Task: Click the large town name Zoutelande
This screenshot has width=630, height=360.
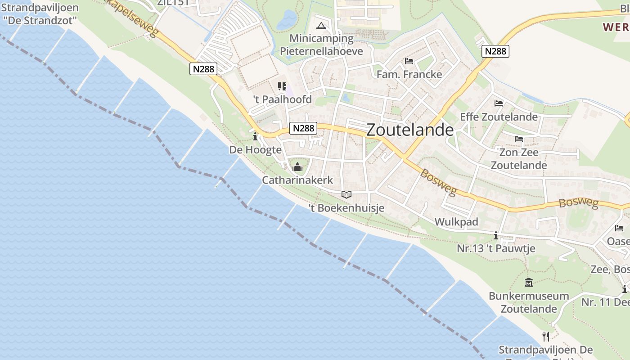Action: coord(410,130)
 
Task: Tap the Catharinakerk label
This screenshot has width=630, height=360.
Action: coord(297,180)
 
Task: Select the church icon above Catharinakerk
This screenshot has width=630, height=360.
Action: coord(297,167)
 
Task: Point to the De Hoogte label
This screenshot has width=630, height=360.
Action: coord(255,150)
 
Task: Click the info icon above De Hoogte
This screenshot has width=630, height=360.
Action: coord(255,136)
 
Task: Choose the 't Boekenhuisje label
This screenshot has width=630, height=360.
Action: coord(346,208)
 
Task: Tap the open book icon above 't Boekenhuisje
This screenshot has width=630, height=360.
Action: coord(346,194)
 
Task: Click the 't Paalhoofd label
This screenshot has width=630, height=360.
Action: coord(282,99)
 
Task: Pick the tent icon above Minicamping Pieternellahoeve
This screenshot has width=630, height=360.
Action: coord(321,26)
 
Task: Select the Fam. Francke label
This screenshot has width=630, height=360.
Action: coord(409,74)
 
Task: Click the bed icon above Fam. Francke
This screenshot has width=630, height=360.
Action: coord(409,61)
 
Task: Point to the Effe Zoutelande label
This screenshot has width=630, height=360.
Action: coord(499,117)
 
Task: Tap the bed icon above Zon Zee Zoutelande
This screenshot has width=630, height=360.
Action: coord(519,139)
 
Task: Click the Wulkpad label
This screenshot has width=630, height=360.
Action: coord(456,222)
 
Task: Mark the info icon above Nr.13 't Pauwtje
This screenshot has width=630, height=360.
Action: coord(496,235)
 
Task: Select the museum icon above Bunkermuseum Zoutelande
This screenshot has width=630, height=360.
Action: coord(529,283)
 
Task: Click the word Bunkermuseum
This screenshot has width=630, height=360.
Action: coord(529,296)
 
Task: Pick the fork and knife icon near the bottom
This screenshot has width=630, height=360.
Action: coord(546,336)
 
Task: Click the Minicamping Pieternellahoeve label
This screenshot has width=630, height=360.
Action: coord(321,45)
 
